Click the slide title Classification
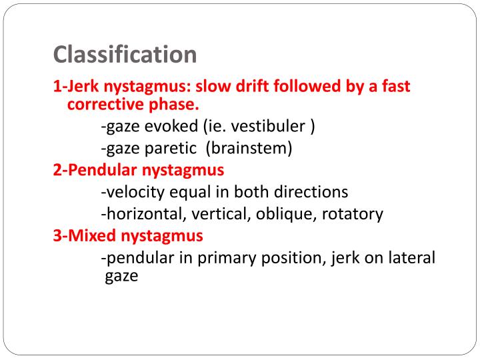[125, 55]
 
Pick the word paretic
[169, 148]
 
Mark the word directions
[311, 192]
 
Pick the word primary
[247, 257]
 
